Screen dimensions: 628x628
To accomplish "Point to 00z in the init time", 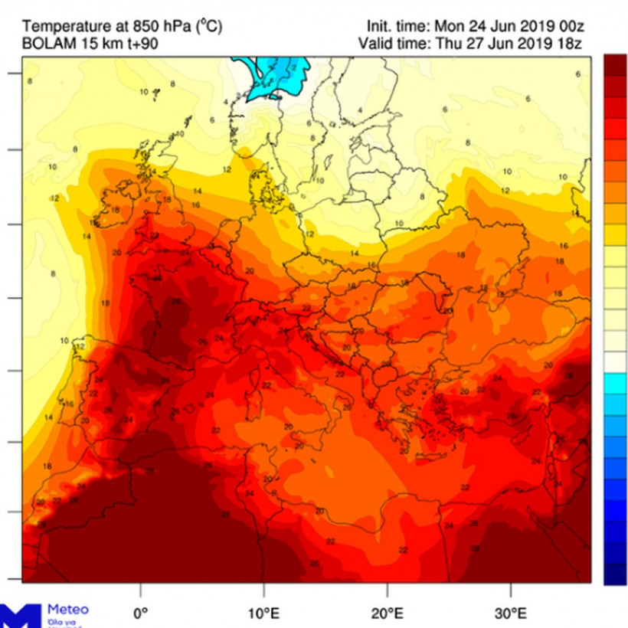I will (568, 27).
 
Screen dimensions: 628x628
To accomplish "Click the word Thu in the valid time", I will (448, 44).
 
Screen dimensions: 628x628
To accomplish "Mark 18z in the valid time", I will (568, 44).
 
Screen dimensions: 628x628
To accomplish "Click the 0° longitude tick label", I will (141, 613).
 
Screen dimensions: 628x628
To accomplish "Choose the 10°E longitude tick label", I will (264, 613).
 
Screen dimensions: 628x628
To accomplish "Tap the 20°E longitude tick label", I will (388, 613).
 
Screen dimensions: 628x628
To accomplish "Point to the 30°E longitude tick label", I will (511, 613).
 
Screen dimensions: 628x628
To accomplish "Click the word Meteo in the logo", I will (68, 610).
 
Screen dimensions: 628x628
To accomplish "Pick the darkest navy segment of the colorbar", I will (614, 574).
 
